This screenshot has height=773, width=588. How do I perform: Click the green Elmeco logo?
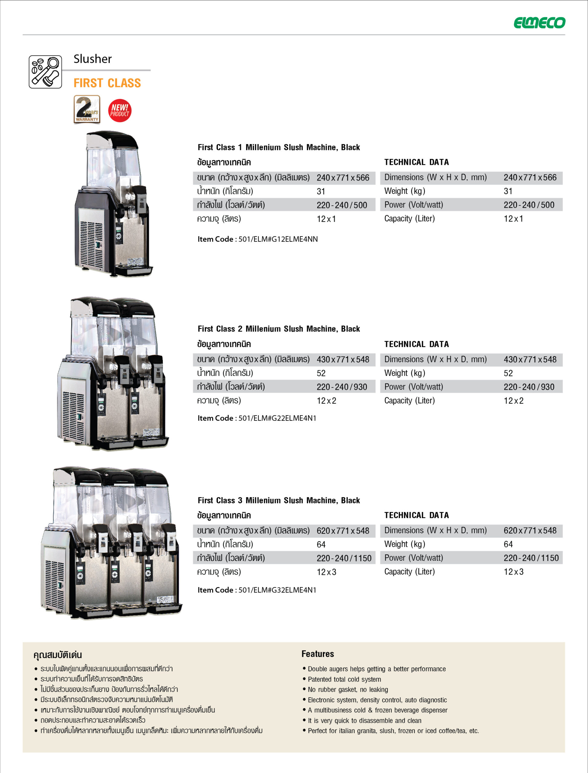[x=539, y=23]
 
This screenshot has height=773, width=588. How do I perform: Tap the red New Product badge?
[x=119, y=111]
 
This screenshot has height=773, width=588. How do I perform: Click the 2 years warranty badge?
[x=87, y=110]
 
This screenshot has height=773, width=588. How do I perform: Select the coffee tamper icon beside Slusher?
[x=45, y=72]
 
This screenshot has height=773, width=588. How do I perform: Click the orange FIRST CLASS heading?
[x=107, y=83]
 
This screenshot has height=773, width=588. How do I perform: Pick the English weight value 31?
[x=508, y=191]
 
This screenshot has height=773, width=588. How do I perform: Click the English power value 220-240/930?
[x=529, y=387]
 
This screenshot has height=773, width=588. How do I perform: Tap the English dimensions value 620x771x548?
[x=530, y=531]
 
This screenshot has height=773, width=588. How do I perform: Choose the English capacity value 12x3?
[x=513, y=572]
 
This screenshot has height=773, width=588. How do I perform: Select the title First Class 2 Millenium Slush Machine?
[x=279, y=329]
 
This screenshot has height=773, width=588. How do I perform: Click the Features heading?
[x=317, y=654]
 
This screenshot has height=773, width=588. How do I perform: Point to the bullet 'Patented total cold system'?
[x=344, y=679]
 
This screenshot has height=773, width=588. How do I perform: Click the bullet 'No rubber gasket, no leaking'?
[x=348, y=689]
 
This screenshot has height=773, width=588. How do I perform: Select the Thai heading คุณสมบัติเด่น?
[x=57, y=655]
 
